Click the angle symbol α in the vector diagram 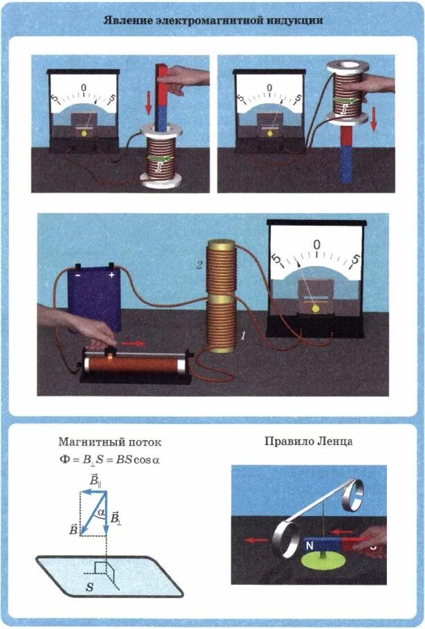pos(100,512)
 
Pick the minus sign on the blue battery pos(78,275)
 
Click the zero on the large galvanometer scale pos(316,244)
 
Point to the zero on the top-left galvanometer pos(84,87)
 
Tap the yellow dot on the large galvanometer pos(316,310)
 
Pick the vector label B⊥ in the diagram pos(116,517)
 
